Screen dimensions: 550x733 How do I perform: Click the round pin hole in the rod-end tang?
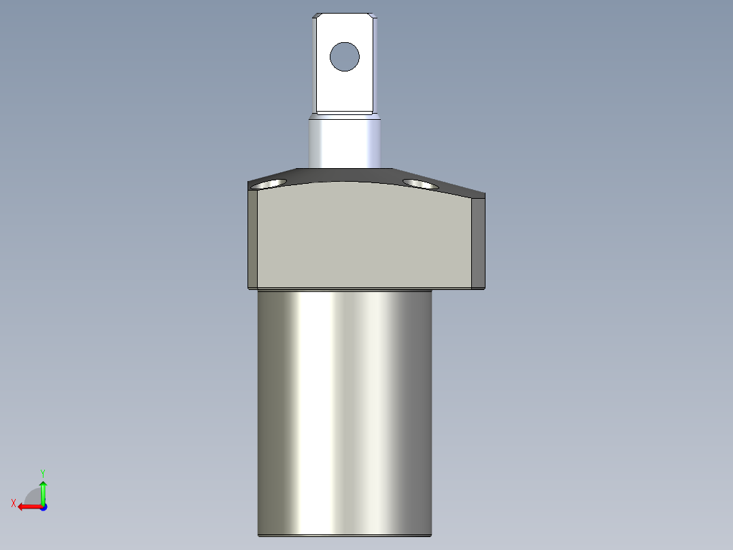pos(344,56)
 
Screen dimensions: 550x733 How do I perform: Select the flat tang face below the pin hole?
pos(344,92)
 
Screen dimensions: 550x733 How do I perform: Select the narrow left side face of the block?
pos(252,238)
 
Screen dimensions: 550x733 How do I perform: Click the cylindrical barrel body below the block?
pos(344,408)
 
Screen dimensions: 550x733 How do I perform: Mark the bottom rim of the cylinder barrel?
pos(344,534)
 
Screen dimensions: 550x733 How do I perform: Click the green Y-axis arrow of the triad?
pos(43,489)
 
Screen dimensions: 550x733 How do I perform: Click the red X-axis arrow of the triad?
pos(27,506)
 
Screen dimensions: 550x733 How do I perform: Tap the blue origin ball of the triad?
pos(43,506)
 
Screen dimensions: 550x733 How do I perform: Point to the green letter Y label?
pos(42,472)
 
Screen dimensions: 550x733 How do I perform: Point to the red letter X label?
pos(13,503)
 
